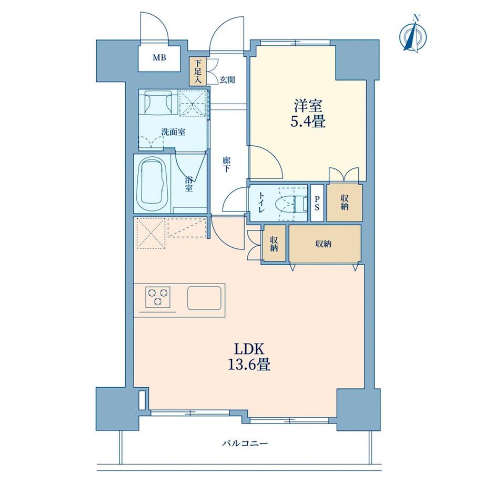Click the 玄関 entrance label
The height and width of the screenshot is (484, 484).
coord(227,80)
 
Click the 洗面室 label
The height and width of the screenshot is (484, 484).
coord(173,132)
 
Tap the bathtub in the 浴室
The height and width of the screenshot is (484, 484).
coord(153,184)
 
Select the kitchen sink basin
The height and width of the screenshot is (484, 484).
coord(205,299)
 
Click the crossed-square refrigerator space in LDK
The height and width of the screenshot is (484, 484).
coord(150,232)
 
